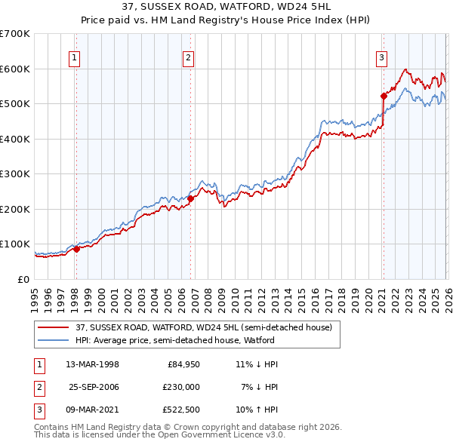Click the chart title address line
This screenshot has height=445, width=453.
click(x=226, y=7)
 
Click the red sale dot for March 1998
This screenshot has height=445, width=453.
click(x=76, y=249)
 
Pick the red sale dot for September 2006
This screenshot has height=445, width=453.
click(x=190, y=198)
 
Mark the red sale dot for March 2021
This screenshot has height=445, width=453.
click(x=383, y=96)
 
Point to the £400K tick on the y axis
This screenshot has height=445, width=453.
click(x=15, y=139)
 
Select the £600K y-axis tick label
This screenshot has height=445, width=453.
click(x=15, y=69)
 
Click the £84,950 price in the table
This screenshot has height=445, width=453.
click(x=181, y=364)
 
